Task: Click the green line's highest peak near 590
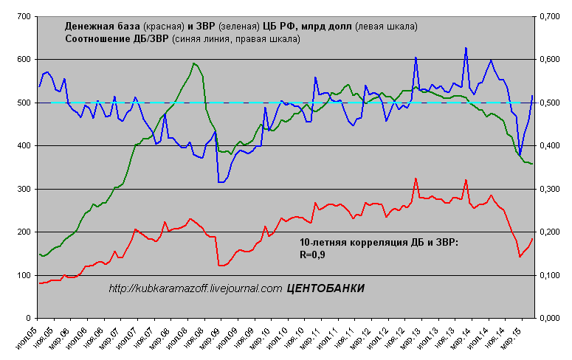point(193,63)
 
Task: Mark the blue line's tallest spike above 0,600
point(466,49)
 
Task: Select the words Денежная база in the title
point(100,27)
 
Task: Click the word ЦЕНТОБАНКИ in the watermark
point(325,288)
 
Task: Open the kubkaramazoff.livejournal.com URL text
point(195,288)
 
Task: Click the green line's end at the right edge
point(532,164)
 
